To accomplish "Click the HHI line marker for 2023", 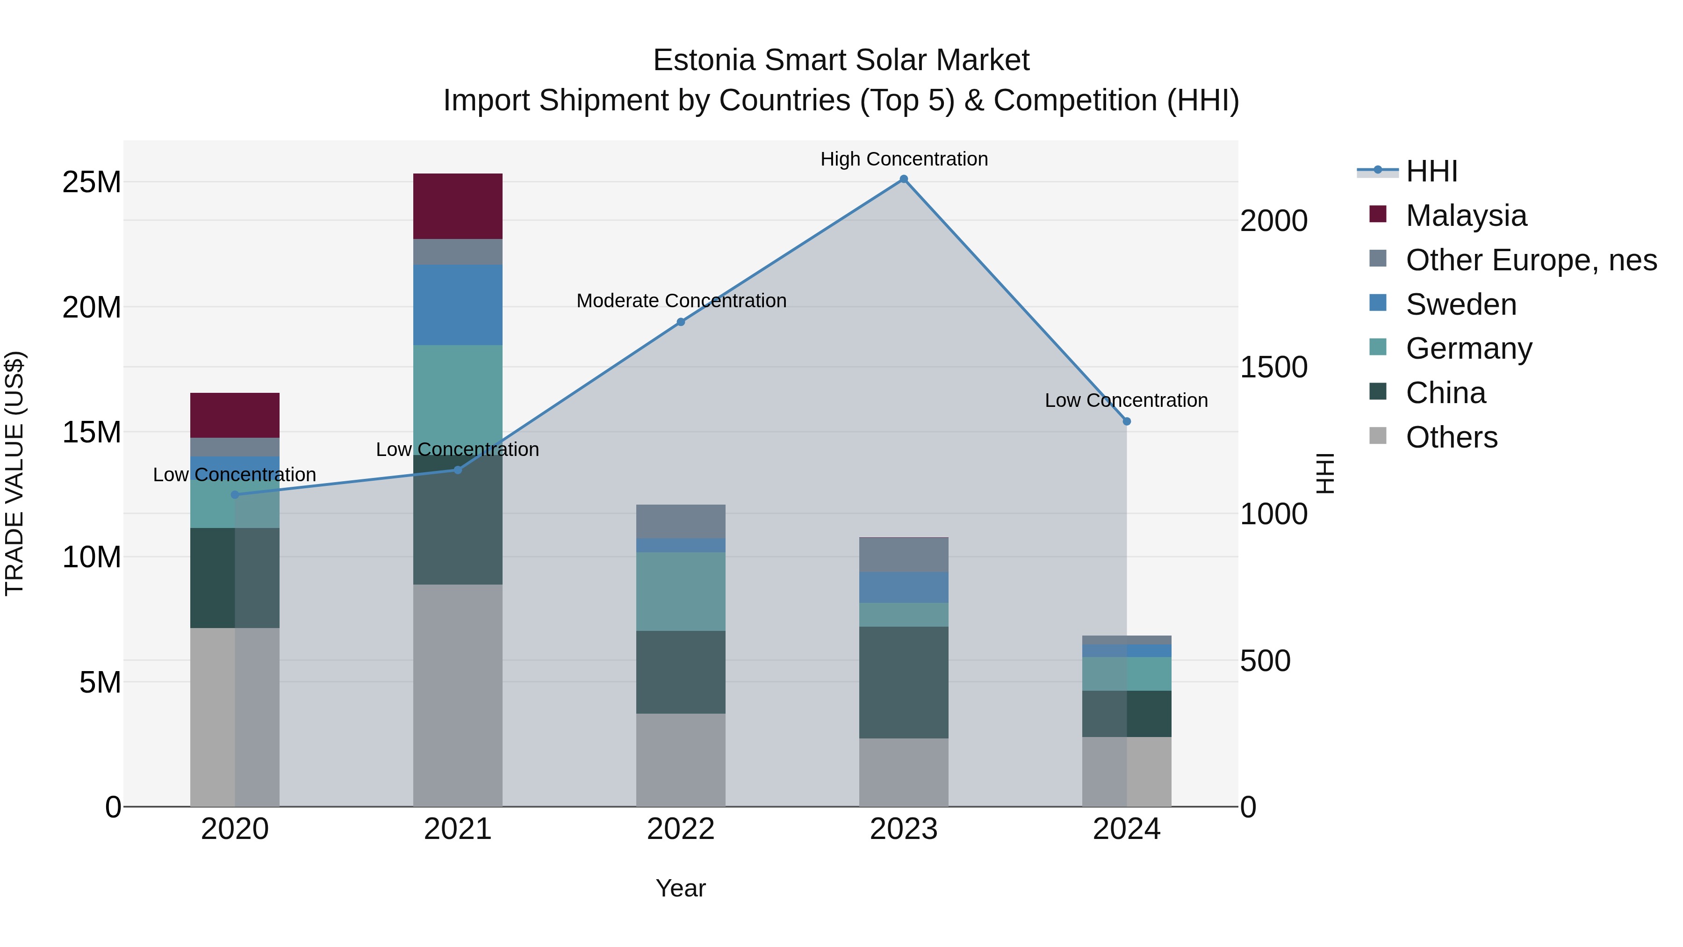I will click(x=904, y=179).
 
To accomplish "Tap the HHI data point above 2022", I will click(x=681, y=322).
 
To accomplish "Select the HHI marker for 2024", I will click(x=1126, y=421).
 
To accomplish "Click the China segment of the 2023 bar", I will click(x=904, y=682).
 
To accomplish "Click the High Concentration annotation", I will click(x=904, y=159).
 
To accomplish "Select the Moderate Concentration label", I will click(x=681, y=301).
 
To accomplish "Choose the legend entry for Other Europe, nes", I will click(x=1531, y=260).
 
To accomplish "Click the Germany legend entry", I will click(x=1469, y=348).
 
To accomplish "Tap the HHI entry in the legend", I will click(x=1431, y=171).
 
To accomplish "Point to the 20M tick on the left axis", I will click(x=92, y=307).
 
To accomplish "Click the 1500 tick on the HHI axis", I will click(x=1273, y=367).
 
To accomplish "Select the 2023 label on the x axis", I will click(x=904, y=829).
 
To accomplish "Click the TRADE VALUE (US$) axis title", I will click(x=14, y=473).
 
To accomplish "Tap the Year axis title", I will click(x=681, y=888).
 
